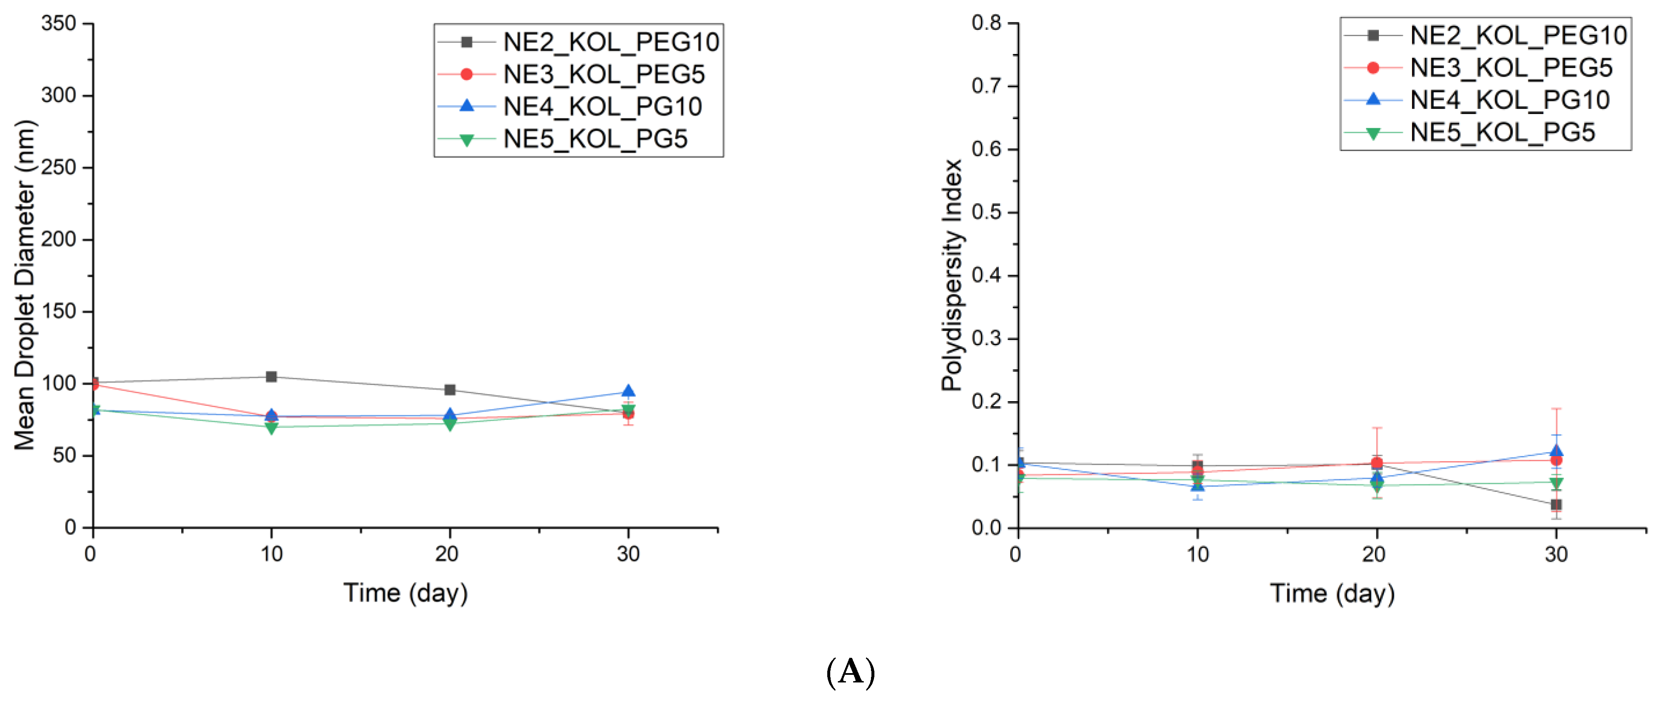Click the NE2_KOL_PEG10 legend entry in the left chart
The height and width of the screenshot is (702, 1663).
point(610,42)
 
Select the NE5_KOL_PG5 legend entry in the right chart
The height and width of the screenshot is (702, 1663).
point(1502,133)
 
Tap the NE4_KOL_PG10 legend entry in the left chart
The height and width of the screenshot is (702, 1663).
point(602,107)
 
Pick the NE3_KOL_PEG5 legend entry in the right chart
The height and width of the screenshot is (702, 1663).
point(1511,68)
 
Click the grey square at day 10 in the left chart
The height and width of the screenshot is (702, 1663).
point(271,376)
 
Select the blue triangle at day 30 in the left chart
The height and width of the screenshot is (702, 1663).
point(628,391)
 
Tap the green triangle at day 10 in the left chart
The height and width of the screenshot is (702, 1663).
point(271,427)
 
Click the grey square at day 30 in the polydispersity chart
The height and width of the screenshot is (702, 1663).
point(1556,504)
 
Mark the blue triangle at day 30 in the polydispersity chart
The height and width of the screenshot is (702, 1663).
point(1556,451)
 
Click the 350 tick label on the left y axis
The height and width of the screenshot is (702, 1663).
point(59,24)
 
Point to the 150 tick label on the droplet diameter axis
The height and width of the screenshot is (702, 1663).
point(59,311)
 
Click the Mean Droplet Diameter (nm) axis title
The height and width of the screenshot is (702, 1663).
point(25,284)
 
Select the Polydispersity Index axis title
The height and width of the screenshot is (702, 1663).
point(952,275)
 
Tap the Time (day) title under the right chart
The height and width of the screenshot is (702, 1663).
point(1332,593)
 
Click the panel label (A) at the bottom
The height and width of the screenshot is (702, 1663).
point(850,672)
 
